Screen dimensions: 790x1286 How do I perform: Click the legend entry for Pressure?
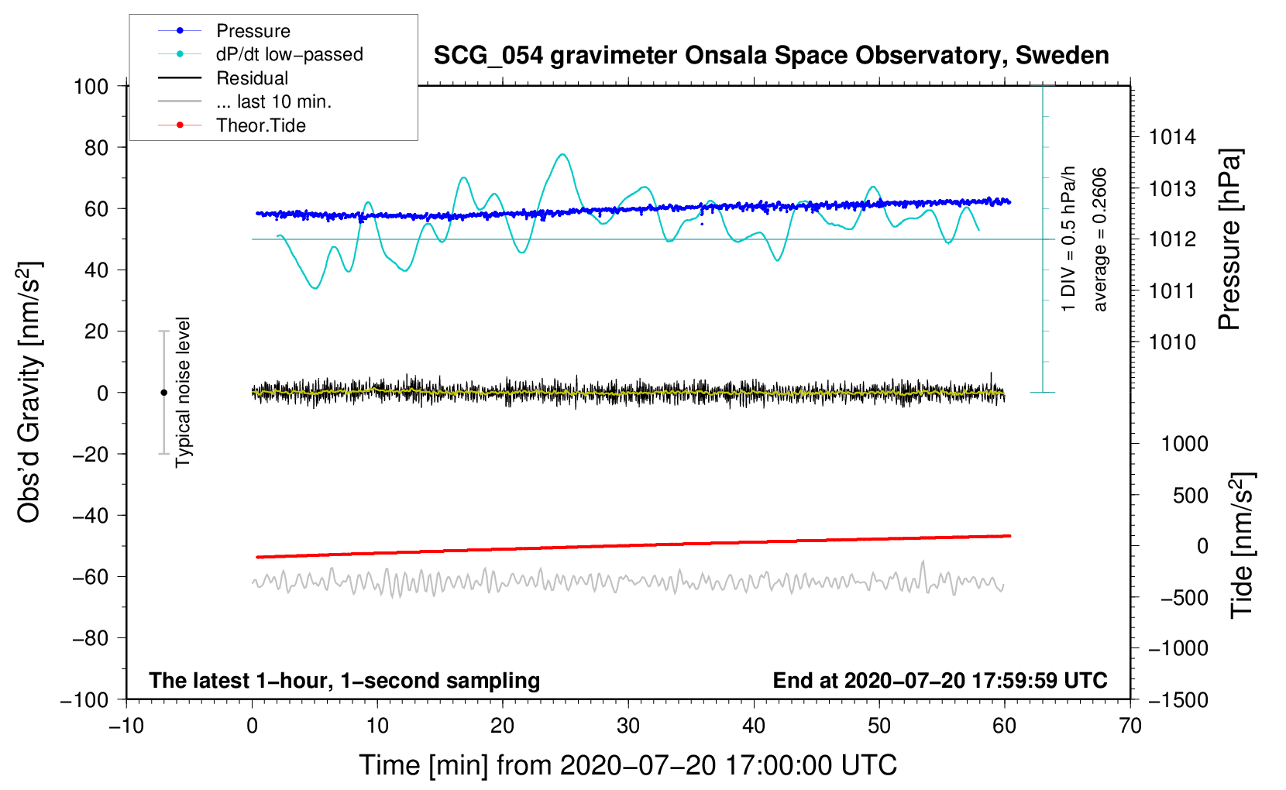point(253,31)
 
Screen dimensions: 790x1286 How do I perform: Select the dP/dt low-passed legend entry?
point(289,54)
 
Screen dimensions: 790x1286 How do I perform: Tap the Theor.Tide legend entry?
point(260,125)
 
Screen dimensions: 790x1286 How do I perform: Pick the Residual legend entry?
point(252,78)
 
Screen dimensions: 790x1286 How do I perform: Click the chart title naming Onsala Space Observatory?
point(771,56)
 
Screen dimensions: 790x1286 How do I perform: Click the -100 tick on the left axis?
point(85,699)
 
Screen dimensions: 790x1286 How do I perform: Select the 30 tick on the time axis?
point(628,726)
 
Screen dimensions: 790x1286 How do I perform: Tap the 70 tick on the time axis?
point(1130,726)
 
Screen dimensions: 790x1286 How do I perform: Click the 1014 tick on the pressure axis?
point(1172,138)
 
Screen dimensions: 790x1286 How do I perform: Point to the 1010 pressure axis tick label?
point(1172,342)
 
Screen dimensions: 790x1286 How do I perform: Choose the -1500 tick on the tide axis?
point(1178,699)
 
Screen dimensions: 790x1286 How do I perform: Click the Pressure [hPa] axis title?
point(1229,240)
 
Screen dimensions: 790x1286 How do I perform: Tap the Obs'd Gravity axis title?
point(29,393)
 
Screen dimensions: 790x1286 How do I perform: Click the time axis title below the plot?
point(628,765)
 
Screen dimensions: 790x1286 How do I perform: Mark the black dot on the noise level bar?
point(163,393)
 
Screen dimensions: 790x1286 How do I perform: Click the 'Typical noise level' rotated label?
point(183,393)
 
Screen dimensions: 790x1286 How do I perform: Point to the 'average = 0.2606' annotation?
point(1100,240)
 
